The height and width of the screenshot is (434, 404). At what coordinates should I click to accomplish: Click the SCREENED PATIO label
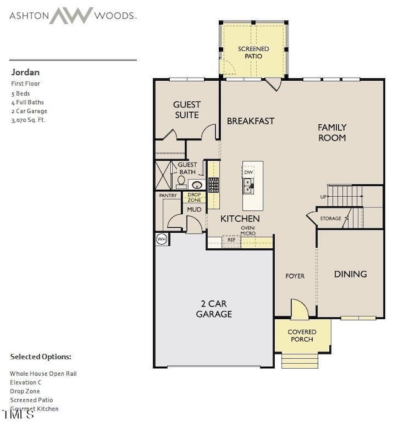(x=254, y=52)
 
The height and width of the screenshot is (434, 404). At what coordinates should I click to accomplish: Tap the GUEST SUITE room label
(x=186, y=110)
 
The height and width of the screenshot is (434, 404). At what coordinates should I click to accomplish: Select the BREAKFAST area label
(x=250, y=121)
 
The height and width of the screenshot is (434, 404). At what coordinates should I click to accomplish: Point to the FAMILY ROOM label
(x=332, y=132)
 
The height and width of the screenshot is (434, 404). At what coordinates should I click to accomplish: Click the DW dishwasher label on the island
(x=249, y=172)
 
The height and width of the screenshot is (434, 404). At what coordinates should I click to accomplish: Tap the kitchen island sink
(x=248, y=183)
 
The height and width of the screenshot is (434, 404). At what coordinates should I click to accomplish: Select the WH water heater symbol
(x=161, y=238)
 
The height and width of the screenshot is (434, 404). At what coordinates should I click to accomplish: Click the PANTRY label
(x=168, y=196)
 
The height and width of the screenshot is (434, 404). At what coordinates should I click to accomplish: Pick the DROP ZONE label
(x=195, y=198)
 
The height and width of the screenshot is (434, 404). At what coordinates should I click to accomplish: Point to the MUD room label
(x=195, y=210)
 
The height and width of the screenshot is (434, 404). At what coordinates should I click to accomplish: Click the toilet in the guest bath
(x=181, y=181)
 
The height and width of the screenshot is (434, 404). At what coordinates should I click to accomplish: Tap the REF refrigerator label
(x=231, y=239)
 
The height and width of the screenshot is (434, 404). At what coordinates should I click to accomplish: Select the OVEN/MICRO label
(x=248, y=230)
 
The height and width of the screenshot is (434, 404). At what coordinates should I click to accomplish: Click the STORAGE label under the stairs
(x=331, y=219)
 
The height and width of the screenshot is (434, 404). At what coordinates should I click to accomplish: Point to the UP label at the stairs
(x=323, y=196)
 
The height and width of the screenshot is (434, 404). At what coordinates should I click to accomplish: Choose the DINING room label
(x=351, y=274)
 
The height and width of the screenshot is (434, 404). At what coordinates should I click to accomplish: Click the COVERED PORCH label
(x=302, y=335)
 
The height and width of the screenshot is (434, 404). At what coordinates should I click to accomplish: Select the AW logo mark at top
(x=71, y=15)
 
